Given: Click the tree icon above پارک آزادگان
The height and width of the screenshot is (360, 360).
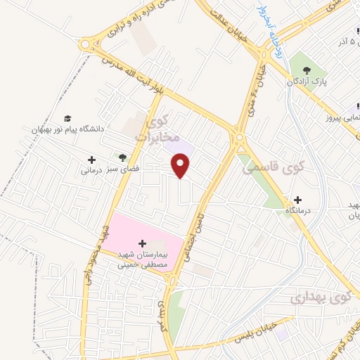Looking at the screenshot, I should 307,69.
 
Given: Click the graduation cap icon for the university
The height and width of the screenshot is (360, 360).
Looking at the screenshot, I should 67,118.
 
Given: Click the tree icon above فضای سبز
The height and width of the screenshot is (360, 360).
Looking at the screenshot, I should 122,157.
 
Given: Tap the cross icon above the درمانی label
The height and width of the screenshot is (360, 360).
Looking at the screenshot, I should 91,160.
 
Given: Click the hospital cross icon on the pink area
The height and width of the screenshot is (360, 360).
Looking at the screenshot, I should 143,243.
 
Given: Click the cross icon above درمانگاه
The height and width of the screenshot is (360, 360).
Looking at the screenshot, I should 298,200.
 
